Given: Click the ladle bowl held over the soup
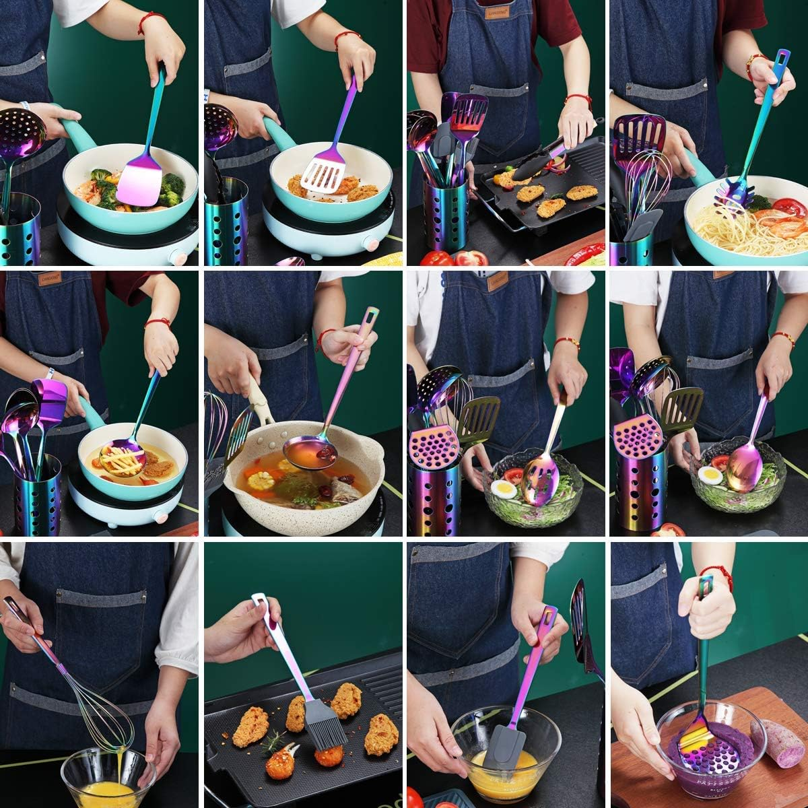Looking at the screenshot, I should (x=310, y=445).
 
